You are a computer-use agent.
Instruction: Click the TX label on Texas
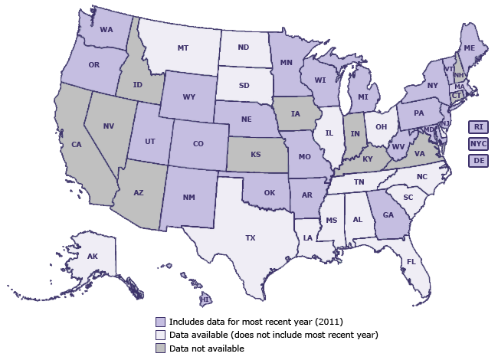click(250, 238)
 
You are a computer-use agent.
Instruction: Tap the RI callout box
click(478, 126)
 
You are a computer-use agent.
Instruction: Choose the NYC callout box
click(478, 143)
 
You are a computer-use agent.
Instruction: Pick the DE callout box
click(478, 160)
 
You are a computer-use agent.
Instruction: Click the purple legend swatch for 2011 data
click(160, 321)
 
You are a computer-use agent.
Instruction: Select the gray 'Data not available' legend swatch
click(160, 349)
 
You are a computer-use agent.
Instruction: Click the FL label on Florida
click(411, 261)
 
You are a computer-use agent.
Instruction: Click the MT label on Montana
click(183, 47)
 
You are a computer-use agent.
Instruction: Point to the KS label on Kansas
click(255, 155)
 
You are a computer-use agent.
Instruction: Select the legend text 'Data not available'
click(207, 349)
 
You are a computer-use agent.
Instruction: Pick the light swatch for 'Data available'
click(160, 335)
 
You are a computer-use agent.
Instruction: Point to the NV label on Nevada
click(109, 126)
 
